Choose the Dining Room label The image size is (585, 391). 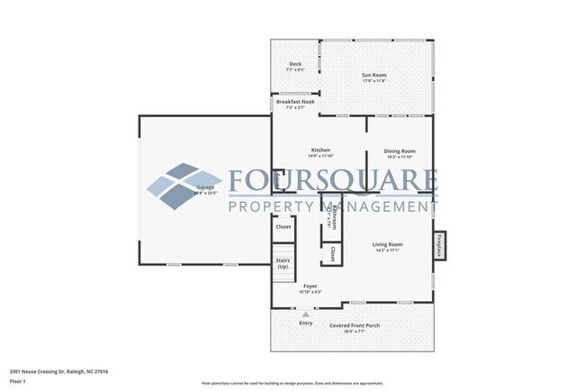399,151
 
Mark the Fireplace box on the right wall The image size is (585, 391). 441,244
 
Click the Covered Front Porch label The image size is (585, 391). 353,326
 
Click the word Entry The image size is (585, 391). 306,323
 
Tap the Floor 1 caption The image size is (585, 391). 18,382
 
